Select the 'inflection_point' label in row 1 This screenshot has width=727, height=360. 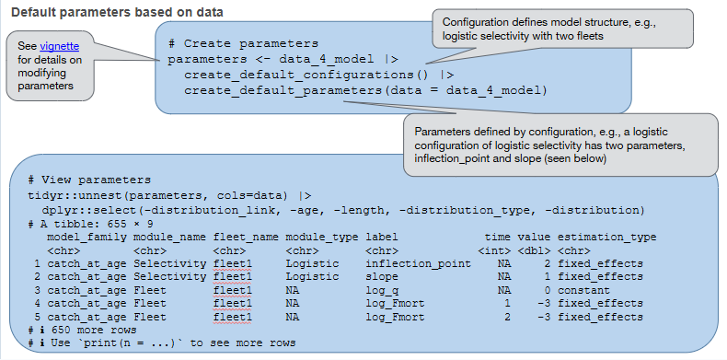coord(412,263)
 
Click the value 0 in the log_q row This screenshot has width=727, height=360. coord(546,289)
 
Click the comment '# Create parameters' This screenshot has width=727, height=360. coord(243,43)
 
